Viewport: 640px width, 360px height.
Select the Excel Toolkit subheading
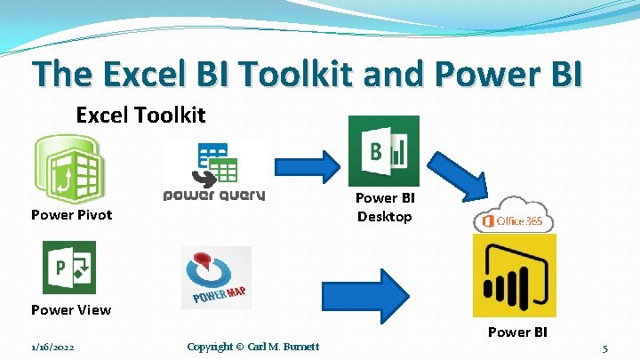pos(140,115)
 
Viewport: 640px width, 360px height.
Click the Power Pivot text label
pos(71,214)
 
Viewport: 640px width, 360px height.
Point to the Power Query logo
pos(214,171)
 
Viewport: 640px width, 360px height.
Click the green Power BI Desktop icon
pos(384,150)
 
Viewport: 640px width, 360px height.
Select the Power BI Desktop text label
pos(385,207)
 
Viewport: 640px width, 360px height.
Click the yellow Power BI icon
pos(515,276)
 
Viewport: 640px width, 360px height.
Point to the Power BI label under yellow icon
pos(517,332)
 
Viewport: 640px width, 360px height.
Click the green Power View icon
pos(68,268)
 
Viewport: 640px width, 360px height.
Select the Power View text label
pos(71,309)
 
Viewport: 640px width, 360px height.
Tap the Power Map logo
pos(216,277)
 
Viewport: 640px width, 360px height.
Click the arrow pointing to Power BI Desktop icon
pos(304,164)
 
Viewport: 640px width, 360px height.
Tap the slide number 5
pos(604,348)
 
